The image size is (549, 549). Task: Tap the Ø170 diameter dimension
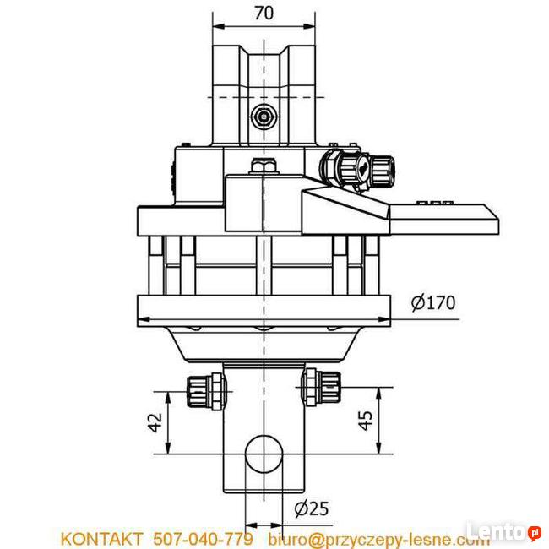433,302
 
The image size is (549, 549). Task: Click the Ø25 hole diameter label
311,508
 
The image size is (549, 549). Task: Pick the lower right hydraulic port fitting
321,387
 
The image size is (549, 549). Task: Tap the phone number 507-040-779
202,538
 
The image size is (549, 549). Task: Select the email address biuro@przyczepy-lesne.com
378,538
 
